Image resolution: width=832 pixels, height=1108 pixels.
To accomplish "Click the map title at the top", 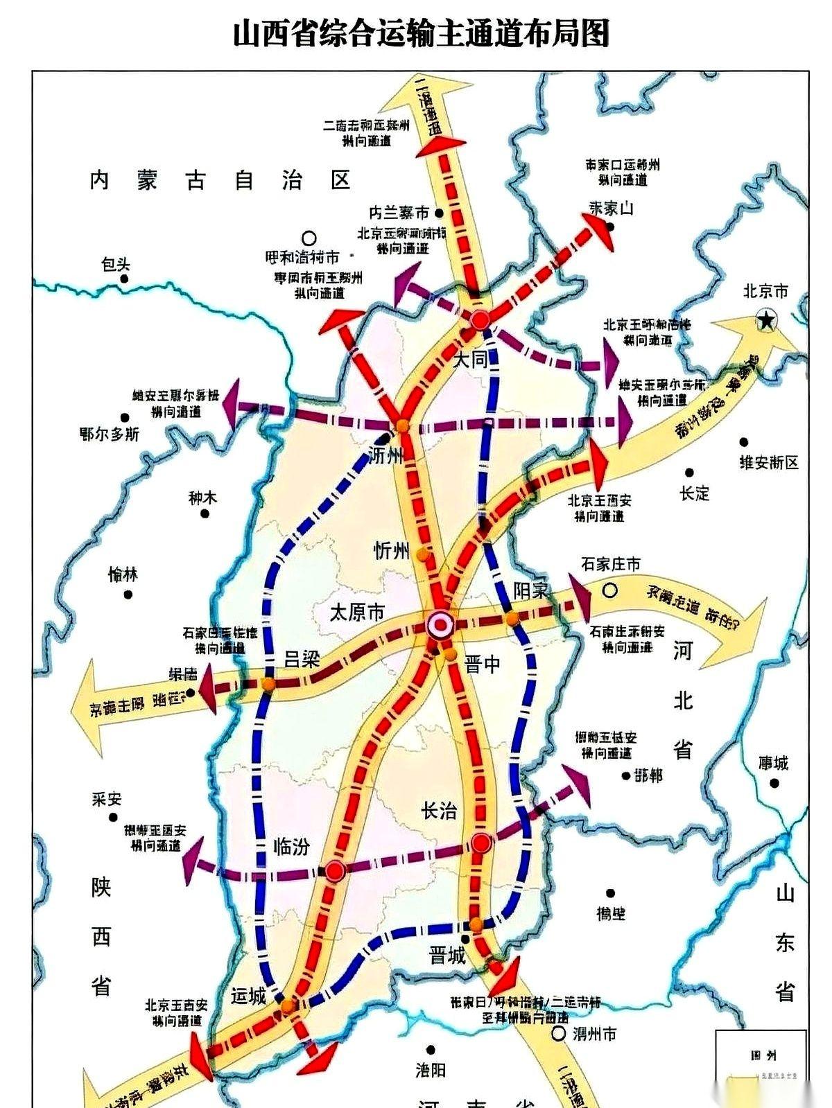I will click(x=421, y=33).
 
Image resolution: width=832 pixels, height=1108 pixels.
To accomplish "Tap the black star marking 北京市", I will click(x=767, y=319).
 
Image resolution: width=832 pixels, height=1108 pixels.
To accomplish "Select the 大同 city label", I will click(x=471, y=360).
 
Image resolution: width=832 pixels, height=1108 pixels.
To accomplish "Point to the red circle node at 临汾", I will click(x=336, y=871).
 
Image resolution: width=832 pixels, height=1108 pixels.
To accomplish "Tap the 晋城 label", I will click(x=447, y=957).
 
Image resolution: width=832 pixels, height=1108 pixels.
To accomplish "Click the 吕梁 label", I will click(x=302, y=659).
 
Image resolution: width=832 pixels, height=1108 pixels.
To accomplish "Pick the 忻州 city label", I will click(x=392, y=551).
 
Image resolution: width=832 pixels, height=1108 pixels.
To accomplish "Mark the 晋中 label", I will click(x=483, y=665).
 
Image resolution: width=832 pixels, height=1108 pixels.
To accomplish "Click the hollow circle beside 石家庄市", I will click(x=609, y=591).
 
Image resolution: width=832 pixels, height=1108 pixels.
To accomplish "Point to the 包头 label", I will click(x=115, y=265).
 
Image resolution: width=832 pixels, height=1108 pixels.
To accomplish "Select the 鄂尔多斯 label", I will click(x=110, y=434).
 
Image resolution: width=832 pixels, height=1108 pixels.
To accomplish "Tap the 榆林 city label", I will click(x=123, y=574).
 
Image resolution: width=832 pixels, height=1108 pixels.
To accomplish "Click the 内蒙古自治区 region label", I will click(x=220, y=181).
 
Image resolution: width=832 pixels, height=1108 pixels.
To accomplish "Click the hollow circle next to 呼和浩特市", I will click(x=310, y=238).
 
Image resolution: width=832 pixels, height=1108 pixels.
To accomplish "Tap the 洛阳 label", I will click(x=431, y=1070).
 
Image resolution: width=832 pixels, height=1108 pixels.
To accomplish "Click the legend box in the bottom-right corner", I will click(x=761, y=1068).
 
